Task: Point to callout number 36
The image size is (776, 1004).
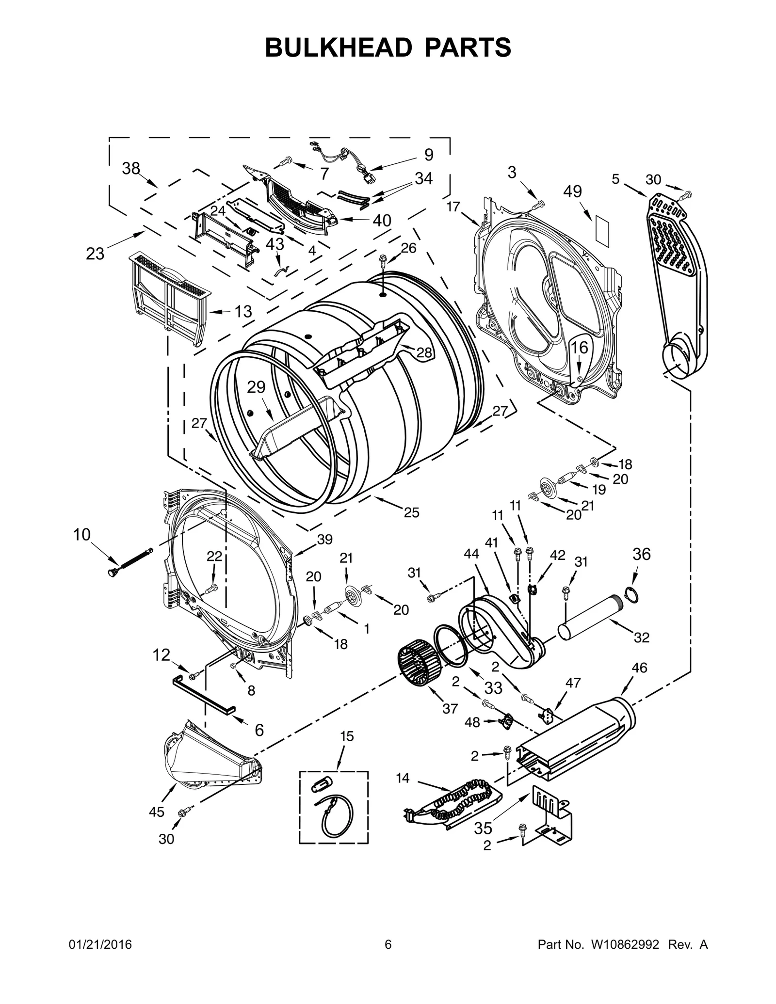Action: pyautogui.click(x=642, y=554)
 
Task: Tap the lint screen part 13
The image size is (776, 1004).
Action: pyautogui.click(x=170, y=298)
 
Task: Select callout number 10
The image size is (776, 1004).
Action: pyautogui.click(x=81, y=535)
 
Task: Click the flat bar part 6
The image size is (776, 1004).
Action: pyautogui.click(x=204, y=694)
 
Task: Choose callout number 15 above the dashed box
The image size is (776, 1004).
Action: pyautogui.click(x=347, y=736)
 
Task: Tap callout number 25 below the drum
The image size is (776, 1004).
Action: pyautogui.click(x=411, y=512)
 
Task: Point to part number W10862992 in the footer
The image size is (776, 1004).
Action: pyautogui.click(x=625, y=945)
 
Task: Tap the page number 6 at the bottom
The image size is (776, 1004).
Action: pyautogui.click(x=388, y=945)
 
